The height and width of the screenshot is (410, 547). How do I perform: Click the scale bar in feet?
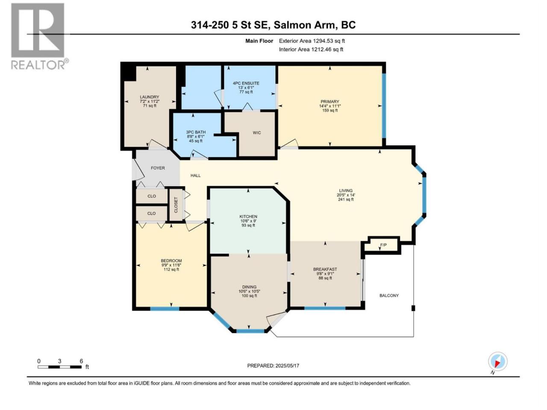pyautogui.click(x=60, y=367)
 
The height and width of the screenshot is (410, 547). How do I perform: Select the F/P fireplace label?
pyautogui.click(x=383, y=245)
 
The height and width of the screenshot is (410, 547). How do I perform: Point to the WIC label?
pyautogui.click(x=257, y=133)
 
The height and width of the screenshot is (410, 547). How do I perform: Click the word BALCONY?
pyautogui.click(x=389, y=296)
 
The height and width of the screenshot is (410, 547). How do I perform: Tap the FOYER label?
pyautogui.click(x=158, y=168)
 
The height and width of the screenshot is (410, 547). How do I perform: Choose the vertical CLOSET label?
pyautogui.click(x=176, y=205)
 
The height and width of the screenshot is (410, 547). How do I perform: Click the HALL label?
pyautogui.click(x=195, y=176)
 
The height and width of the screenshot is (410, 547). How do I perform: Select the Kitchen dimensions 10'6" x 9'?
pyautogui.click(x=248, y=221)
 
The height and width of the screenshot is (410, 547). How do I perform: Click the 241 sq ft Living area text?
pyautogui.click(x=346, y=199)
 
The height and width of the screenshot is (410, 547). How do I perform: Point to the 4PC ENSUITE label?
pyautogui.click(x=246, y=83)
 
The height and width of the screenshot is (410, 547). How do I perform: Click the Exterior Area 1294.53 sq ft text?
pyautogui.click(x=312, y=41)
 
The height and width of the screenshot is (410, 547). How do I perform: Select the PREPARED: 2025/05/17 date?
pyautogui.click(x=273, y=366)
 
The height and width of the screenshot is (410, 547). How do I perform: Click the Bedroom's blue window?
pyautogui.click(x=165, y=309)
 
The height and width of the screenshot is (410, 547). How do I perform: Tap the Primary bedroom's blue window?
pyautogui.click(x=384, y=105)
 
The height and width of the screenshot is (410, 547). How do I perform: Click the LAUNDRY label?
pyautogui.click(x=149, y=97)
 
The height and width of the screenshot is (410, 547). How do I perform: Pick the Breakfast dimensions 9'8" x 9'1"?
pyautogui.click(x=325, y=274)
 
